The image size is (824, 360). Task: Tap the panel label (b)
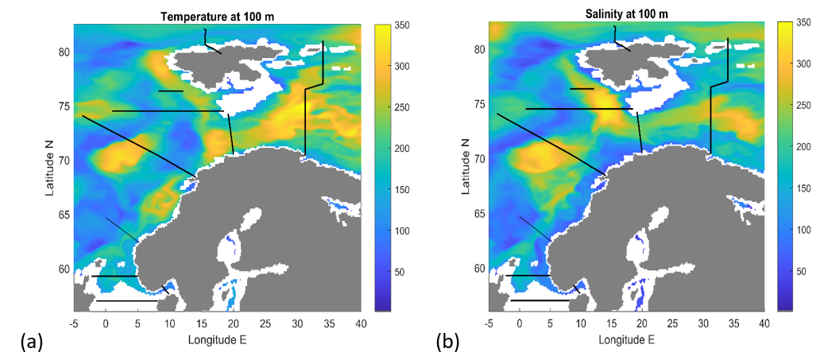click(448, 343)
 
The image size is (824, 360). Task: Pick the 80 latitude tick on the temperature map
click(62, 52)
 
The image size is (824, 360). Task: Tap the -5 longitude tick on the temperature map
click(74, 323)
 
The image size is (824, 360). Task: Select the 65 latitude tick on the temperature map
click(62, 215)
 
